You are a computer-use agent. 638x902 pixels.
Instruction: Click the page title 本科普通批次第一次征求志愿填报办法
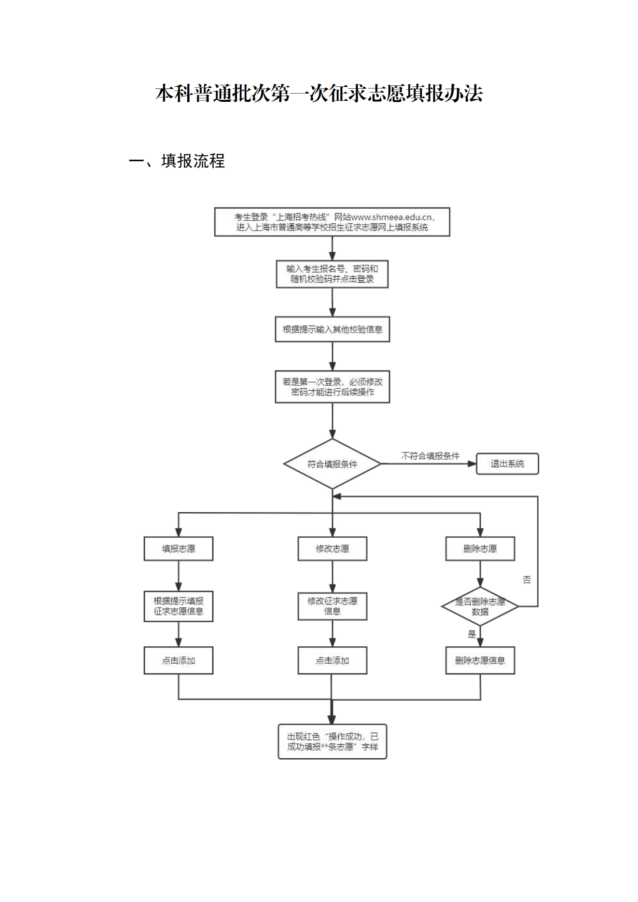point(319,93)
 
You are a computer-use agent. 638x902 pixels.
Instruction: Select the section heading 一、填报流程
point(177,161)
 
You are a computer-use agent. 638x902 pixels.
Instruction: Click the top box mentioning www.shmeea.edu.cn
point(332,222)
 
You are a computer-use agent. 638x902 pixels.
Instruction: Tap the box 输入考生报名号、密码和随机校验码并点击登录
point(332,274)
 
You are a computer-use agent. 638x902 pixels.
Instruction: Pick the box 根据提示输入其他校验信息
point(332,329)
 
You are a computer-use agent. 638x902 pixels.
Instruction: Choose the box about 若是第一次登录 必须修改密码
point(332,387)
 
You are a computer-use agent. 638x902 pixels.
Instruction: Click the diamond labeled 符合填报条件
point(332,464)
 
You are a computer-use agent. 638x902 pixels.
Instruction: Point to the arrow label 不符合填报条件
point(430,456)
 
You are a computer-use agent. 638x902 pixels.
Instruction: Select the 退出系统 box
point(507,464)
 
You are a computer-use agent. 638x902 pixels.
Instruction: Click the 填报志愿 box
point(179,549)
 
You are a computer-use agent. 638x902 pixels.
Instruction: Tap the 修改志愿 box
point(332,549)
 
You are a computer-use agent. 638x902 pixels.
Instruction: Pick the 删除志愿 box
point(480,549)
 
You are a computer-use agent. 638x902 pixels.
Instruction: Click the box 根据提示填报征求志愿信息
point(179,606)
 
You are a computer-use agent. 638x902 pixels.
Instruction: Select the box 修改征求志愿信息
point(332,606)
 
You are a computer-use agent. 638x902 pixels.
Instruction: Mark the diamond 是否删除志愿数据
point(480,606)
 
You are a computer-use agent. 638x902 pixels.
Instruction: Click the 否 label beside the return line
point(527,580)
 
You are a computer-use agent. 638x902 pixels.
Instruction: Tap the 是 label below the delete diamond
point(472,634)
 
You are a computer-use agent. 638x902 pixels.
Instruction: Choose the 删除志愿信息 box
point(480,660)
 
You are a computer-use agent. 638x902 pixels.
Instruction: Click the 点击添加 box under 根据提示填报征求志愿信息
point(179,660)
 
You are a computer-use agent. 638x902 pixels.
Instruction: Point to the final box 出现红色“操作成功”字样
point(332,741)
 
